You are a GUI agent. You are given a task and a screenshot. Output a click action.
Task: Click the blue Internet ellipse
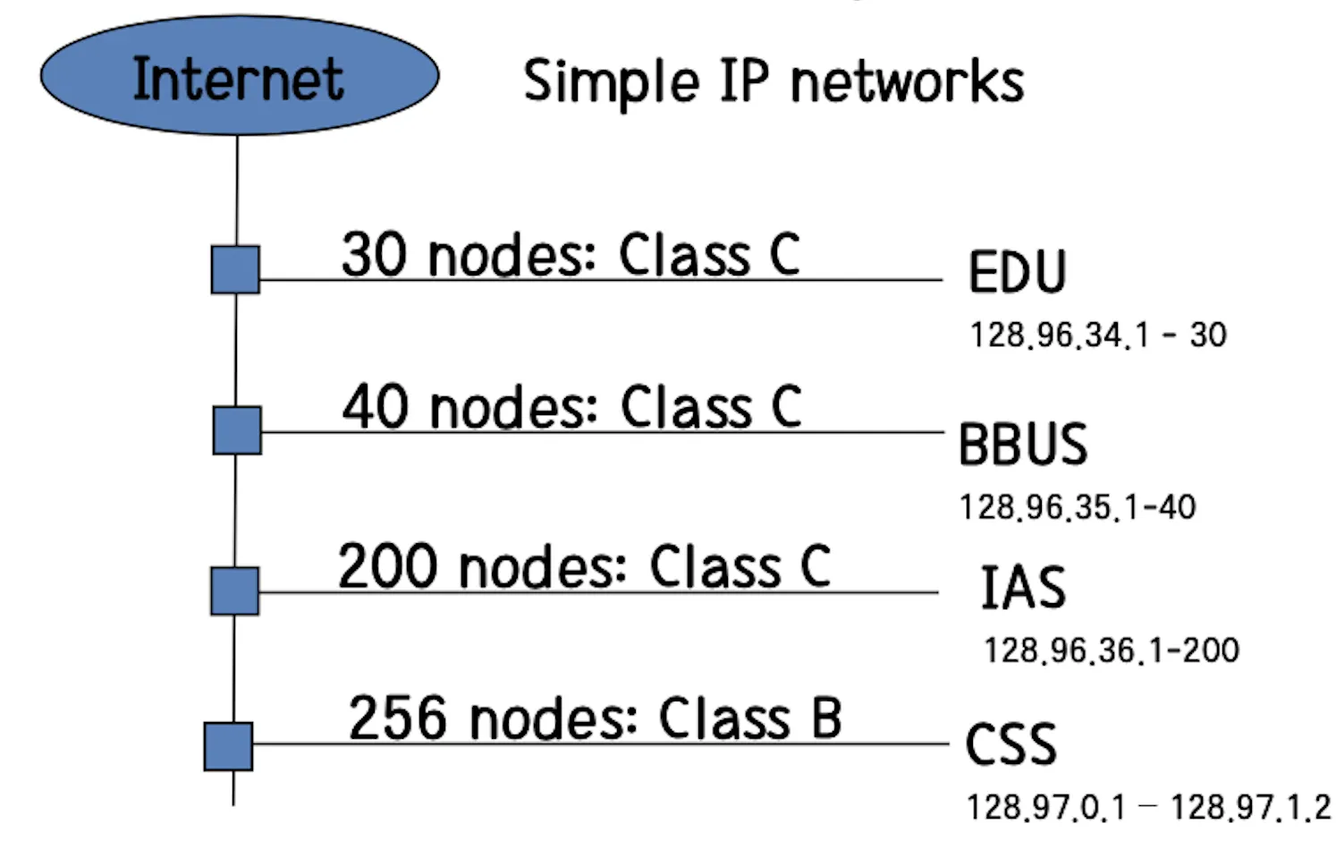point(239,76)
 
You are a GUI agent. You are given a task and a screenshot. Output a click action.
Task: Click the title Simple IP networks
point(773,81)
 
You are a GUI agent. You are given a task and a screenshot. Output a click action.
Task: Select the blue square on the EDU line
point(235,269)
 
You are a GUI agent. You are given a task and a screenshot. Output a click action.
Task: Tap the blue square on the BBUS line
point(237,430)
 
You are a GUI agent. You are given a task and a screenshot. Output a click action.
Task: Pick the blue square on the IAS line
point(234,590)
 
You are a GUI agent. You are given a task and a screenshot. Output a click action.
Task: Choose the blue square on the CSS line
point(228,746)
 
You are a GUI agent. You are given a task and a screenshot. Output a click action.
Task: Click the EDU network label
point(1017,272)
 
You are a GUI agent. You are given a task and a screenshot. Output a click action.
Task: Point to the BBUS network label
point(1022,445)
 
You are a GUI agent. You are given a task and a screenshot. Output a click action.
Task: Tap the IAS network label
point(1023,588)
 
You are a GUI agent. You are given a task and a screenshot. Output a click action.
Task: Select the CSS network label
point(1010,744)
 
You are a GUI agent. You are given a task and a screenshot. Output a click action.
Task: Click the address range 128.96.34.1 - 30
point(1097,336)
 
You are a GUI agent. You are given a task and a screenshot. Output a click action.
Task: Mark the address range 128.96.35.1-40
point(1077,507)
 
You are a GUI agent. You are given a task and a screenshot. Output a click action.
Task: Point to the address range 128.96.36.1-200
point(1111,650)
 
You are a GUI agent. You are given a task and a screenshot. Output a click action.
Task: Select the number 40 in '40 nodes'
point(376,407)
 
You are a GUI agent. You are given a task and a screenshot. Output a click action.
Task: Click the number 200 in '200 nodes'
point(388,567)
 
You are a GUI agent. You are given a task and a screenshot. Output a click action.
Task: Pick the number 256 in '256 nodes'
point(398,718)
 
